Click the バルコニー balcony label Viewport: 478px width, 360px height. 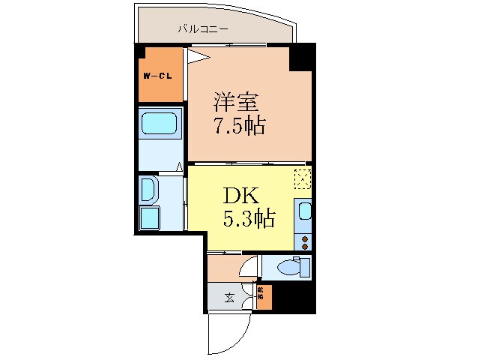point(203,31)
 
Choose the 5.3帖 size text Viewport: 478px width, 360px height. point(248,219)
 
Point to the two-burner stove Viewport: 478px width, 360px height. point(303,241)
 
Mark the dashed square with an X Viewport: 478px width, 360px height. point(302,178)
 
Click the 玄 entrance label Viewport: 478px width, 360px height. point(229,298)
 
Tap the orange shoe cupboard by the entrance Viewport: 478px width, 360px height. point(262,297)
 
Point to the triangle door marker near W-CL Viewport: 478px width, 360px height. point(196,55)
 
